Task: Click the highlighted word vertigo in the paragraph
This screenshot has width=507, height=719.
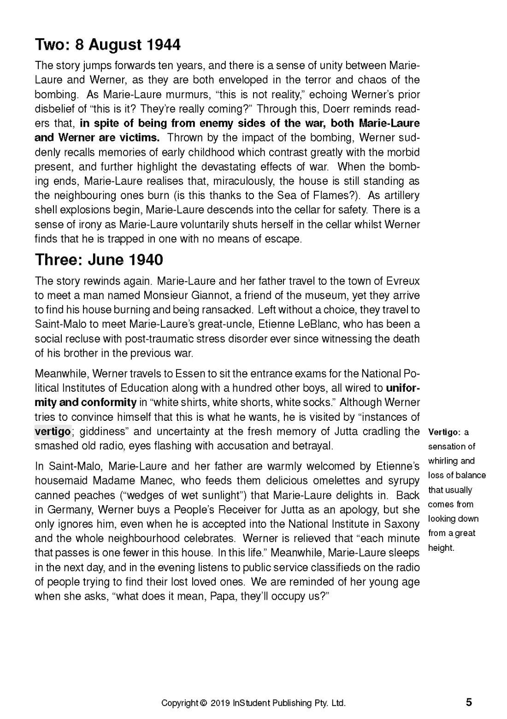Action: tap(53, 432)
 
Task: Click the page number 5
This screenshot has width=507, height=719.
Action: tap(469, 702)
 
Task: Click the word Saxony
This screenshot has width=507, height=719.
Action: tap(402, 524)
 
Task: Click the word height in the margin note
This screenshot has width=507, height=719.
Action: tap(441, 548)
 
